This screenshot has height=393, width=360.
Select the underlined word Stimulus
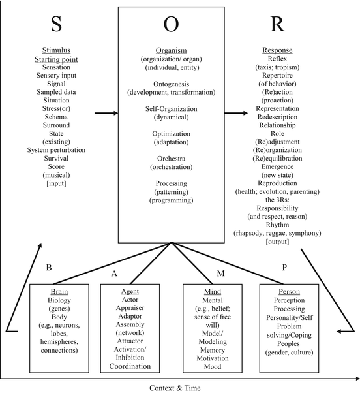click(57, 50)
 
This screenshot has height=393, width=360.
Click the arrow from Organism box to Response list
click(237, 113)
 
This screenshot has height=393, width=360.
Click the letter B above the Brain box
click(49, 267)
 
